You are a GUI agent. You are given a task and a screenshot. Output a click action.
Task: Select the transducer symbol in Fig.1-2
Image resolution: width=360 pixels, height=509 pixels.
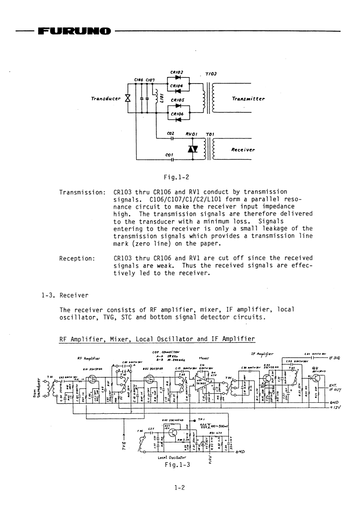tap(128, 98)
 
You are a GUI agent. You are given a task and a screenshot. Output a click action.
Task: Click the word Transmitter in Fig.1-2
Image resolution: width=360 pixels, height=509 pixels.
tap(248, 98)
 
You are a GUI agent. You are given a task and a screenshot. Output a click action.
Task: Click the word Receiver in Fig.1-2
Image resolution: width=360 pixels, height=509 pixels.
tap(243, 149)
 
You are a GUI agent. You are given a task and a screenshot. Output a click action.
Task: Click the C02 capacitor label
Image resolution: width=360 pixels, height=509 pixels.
tap(171, 133)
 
